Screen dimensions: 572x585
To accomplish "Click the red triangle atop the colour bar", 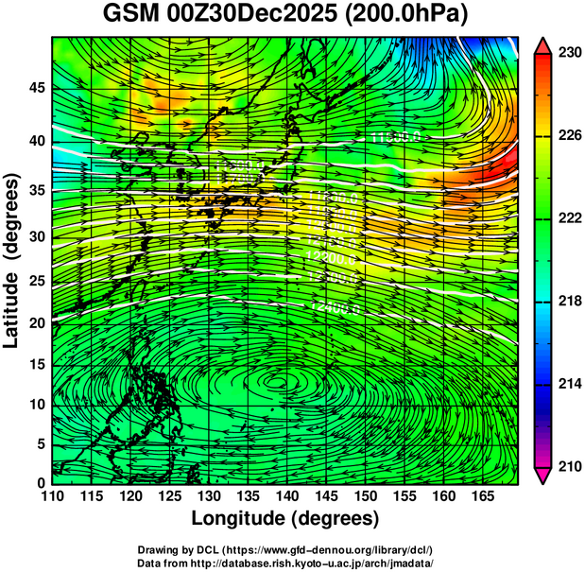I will coord(543,45).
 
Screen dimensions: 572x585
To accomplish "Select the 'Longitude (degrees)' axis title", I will coord(285,518).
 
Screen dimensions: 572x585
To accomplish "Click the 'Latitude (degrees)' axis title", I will coord(13,260).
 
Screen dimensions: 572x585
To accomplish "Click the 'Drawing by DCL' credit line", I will coord(285,549).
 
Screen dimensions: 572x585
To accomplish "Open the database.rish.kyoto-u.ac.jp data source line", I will coord(285,562).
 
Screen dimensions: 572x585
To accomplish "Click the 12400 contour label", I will coord(335,308).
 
